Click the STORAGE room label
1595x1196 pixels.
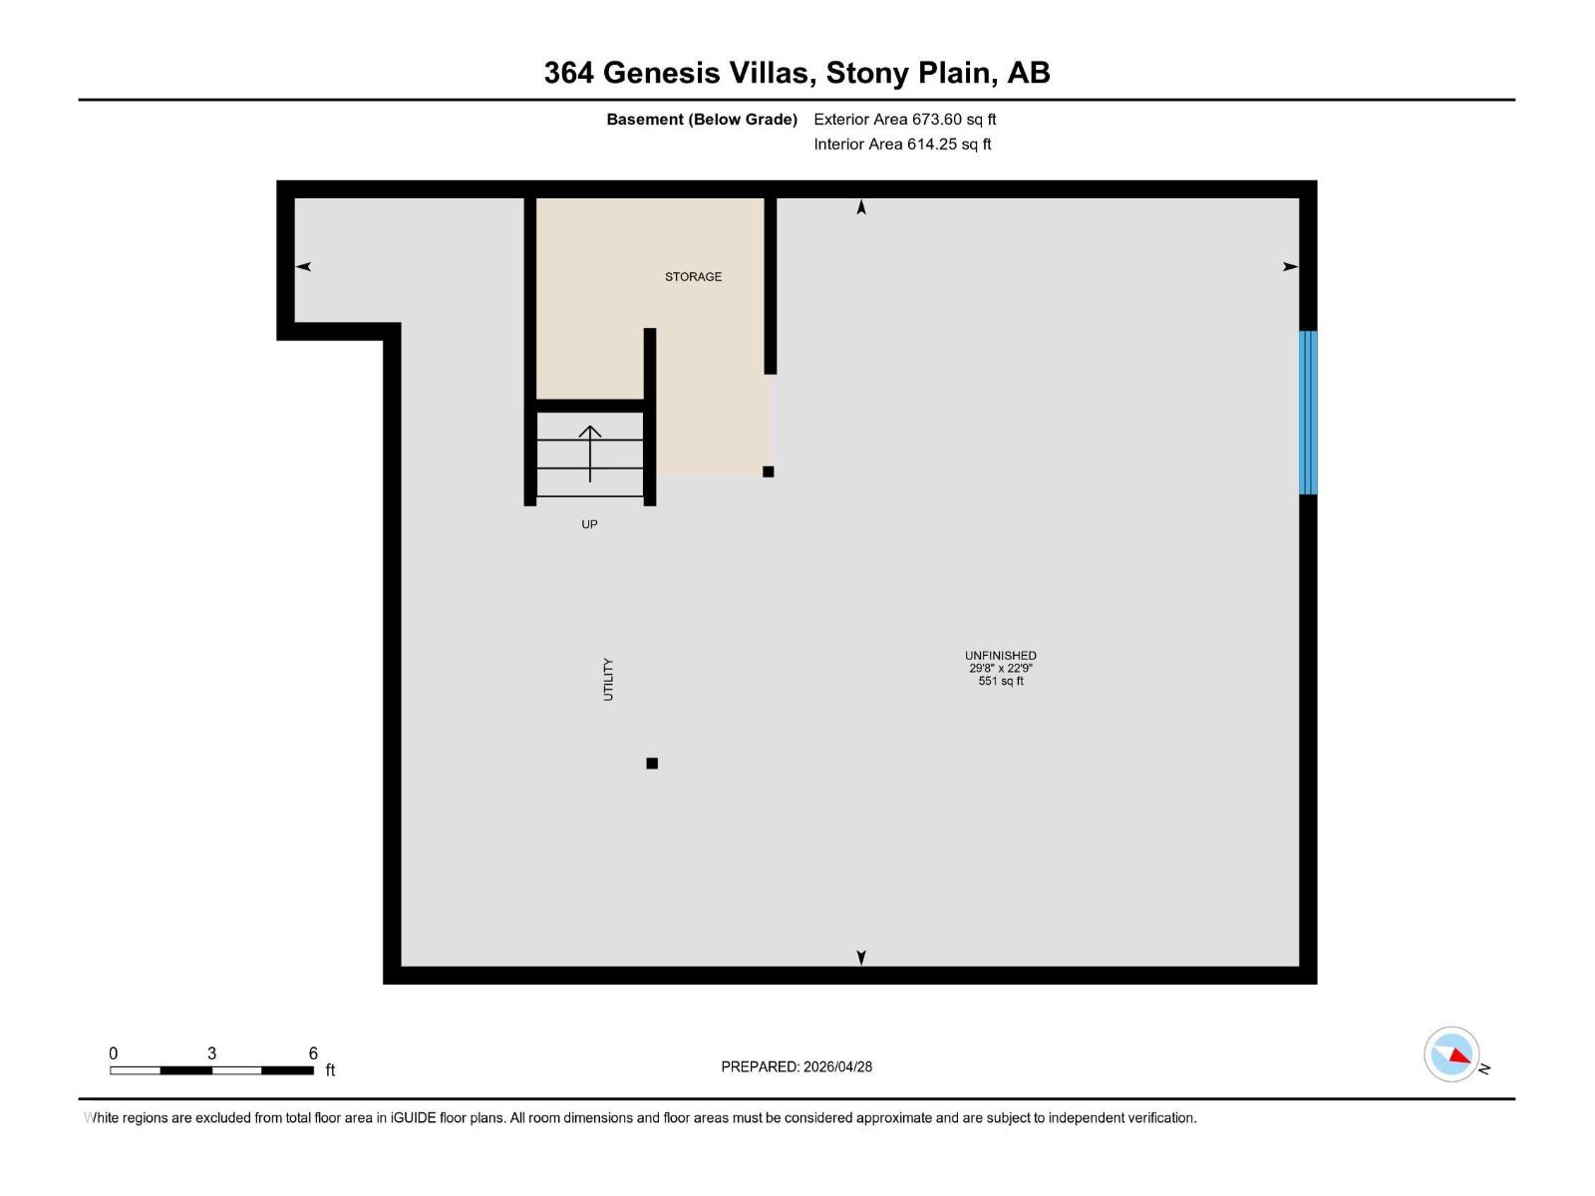click(x=693, y=276)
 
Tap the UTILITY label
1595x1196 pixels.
click(x=608, y=680)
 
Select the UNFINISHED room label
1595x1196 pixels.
click(x=1000, y=656)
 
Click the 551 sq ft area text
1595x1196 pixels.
click(x=1000, y=682)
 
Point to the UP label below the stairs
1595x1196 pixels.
click(x=589, y=524)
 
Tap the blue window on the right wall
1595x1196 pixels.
click(x=1308, y=413)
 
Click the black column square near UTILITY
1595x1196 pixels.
click(x=652, y=763)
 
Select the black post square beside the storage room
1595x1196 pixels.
click(x=768, y=471)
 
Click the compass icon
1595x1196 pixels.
click(x=1452, y=1054)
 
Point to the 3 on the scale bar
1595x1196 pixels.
click(x=211, y=1053)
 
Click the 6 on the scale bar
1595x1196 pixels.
click(x=313, y=1053)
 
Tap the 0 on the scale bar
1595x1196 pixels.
click(x=114, y=1053)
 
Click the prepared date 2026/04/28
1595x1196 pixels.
click(x=837, y=1066)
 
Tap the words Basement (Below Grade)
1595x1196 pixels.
click(x=702, y=120)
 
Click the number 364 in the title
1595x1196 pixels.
click(x=568, y=73)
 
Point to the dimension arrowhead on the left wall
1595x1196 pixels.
click(x=304, y=266)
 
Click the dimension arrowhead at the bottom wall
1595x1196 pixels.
click(x=861, y=957)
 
